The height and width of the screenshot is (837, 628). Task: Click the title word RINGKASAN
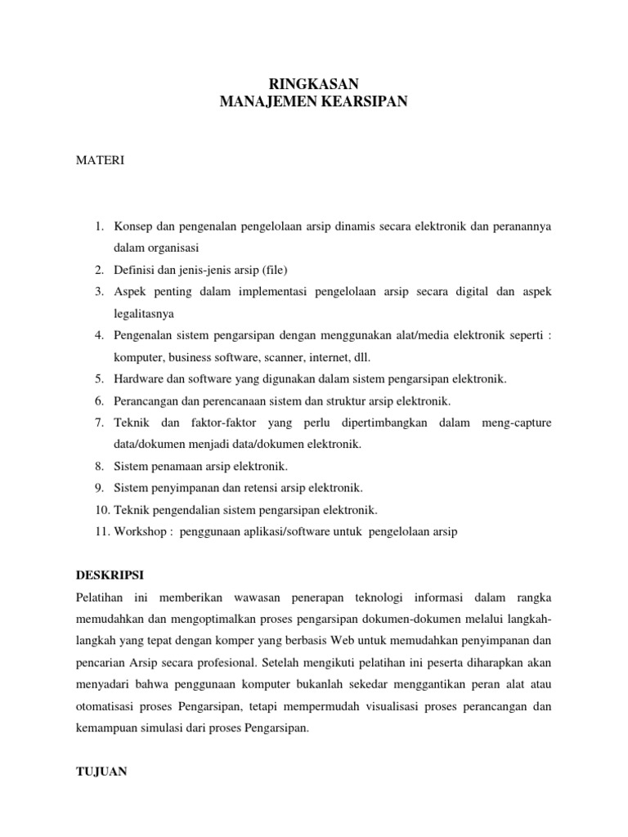click(x=314, y=84)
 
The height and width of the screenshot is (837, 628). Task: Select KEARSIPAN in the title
click(x=363, y=101)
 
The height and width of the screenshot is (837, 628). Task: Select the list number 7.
click(x=99, y=423)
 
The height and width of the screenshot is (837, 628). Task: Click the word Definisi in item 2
click(x=133, y=269)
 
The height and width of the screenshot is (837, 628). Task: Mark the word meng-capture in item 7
click(x=516, y=423)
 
